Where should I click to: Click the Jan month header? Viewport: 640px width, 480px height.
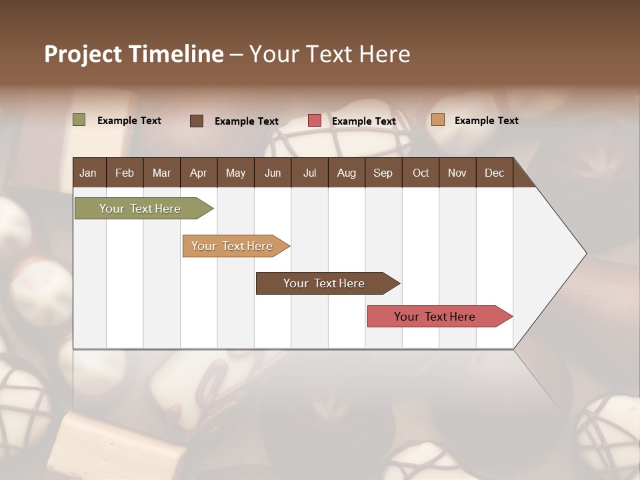(88, 173)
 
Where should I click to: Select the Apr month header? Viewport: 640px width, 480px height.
(198, 173)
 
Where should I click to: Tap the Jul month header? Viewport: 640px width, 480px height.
(309, 173)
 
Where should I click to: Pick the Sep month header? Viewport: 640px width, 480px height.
(383, 173)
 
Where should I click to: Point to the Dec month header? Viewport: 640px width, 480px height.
(494, 173)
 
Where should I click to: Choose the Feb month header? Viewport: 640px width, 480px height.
(125, 173)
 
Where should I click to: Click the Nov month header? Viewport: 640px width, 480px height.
(457, 173)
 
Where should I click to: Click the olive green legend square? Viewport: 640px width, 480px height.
(79, 120)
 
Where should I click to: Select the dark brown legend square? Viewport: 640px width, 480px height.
(197, 121)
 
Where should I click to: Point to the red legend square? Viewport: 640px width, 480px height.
(315, 121)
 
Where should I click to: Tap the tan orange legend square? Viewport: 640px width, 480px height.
(437, 120)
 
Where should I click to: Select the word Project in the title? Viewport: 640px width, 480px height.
(83, 54)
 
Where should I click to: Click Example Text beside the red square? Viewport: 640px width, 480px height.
(364, 121)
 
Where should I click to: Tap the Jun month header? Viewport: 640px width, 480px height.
(273, 173)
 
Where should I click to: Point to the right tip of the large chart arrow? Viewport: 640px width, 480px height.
(585, 253)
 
